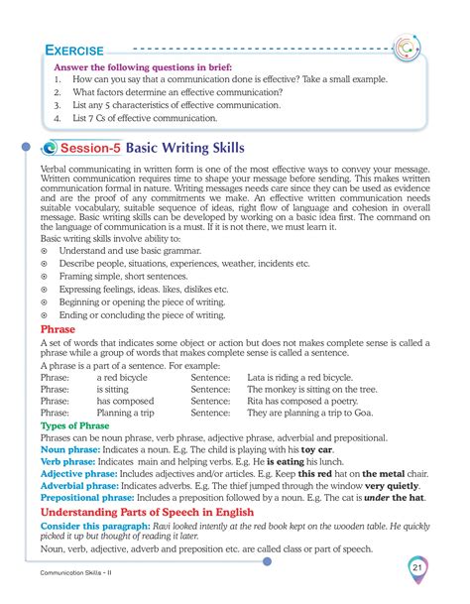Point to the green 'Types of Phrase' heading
(73, 424)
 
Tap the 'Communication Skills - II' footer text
(75, 576)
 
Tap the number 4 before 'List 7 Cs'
(59, 117)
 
